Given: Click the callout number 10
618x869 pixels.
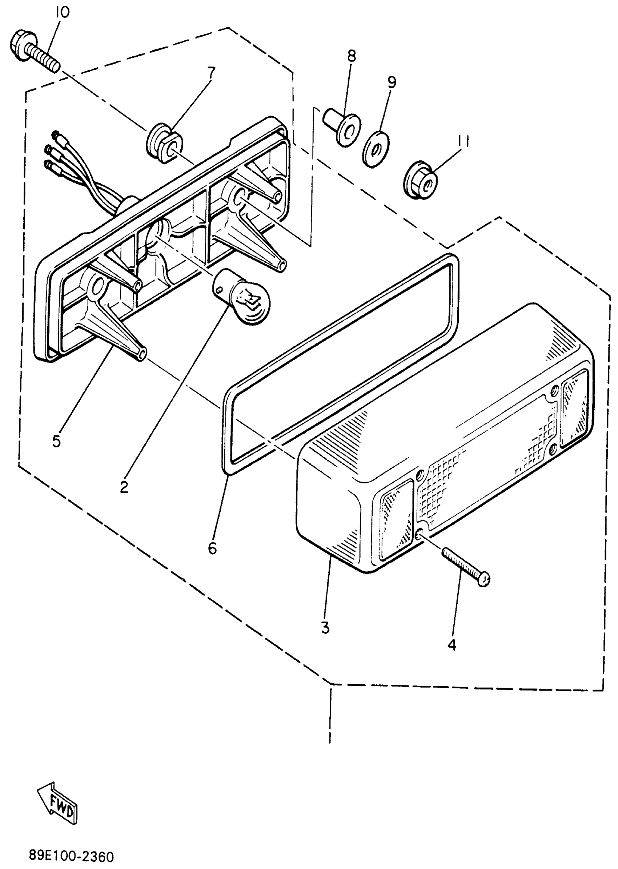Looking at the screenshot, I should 62,13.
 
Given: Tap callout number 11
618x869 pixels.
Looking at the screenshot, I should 463,141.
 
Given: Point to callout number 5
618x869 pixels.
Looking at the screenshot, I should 56,441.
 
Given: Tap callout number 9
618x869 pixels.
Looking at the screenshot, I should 392,83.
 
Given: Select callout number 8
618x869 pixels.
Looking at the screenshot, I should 351,56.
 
